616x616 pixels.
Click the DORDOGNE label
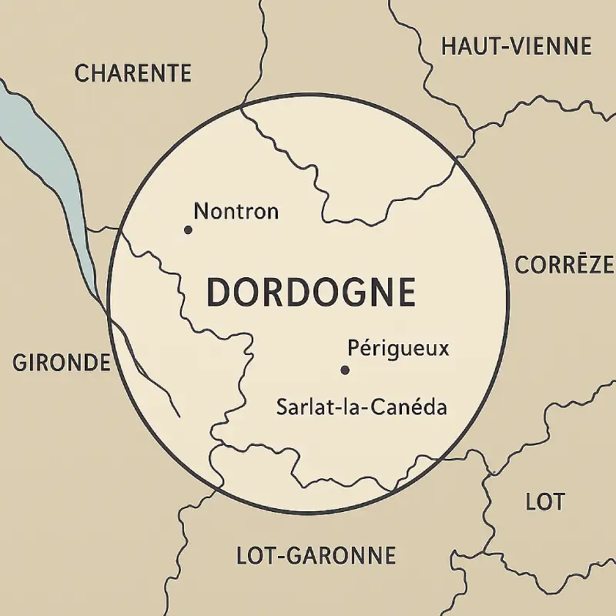(x=311, y=293)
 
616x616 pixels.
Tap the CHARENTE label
(x=132, y=74)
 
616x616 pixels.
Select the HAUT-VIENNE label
(x=516, y=46)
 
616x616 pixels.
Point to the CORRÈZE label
(x=564, y=266)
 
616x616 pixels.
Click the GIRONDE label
(x=62, y=363)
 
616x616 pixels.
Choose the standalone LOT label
(x=544, y=502)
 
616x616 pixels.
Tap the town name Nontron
(x=236, y=211)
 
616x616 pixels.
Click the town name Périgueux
(x=397, y=349)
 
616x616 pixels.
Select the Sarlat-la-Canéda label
(x=361, y=407)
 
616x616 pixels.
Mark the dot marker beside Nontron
(x=187, y=229)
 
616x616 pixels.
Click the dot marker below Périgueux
(x=345, y=370)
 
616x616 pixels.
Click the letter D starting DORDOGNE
(x=220, y=293)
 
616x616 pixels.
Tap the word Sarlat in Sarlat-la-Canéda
(x=299, y=407)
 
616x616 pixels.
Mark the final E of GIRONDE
(x=103, y=363)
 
